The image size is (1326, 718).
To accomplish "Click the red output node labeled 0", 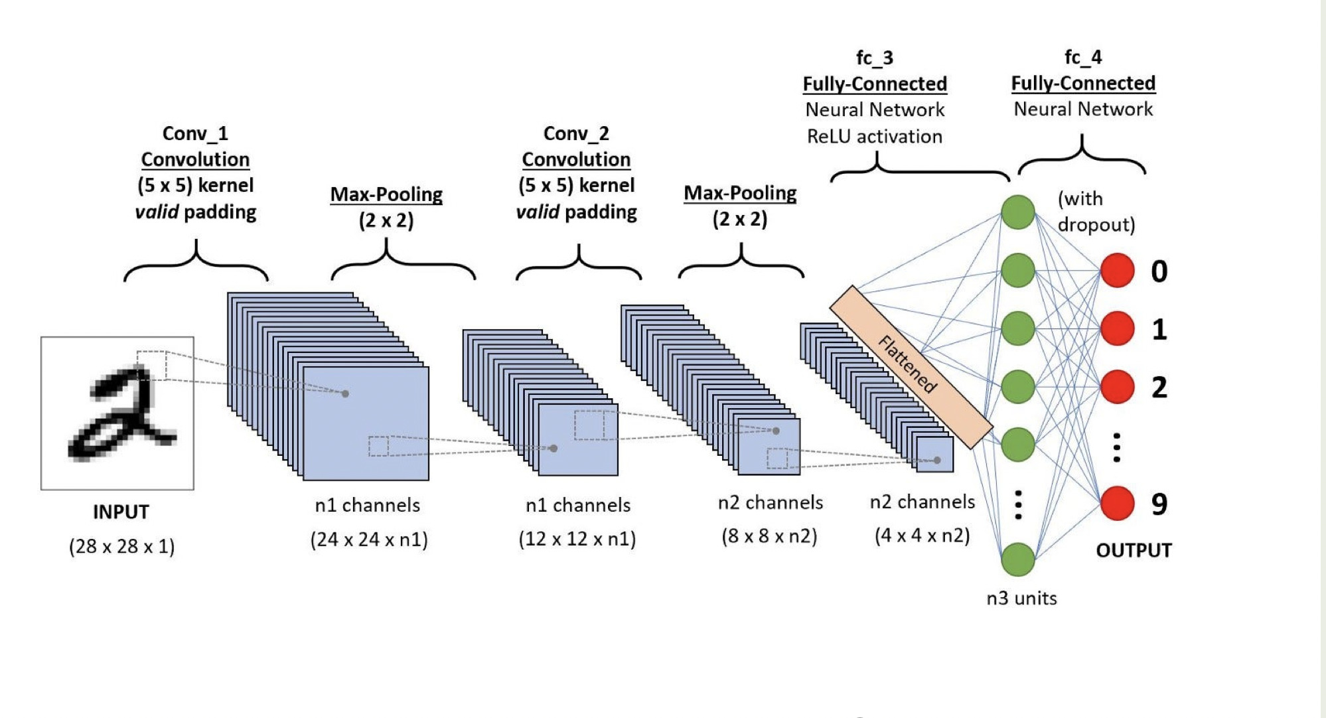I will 1118,271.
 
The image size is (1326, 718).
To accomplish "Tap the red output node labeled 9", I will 1118,503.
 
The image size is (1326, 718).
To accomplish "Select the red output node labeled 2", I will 1118,387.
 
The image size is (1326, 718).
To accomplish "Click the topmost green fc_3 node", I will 1018,212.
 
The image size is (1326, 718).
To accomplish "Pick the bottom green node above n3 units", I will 1018,559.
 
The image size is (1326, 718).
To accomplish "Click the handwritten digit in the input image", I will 123,415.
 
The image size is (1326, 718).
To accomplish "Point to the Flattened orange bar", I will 911,366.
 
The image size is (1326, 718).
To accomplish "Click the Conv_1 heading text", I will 195,133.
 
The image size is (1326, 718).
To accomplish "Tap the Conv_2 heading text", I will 576,133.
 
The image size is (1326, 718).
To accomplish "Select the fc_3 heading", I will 875,58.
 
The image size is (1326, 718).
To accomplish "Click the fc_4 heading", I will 1083,57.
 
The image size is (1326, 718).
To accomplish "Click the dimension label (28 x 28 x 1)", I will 121,547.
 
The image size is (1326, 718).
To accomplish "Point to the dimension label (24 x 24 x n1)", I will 369,539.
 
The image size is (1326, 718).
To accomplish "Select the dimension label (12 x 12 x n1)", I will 577,539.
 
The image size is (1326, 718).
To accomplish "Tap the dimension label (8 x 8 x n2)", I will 769,536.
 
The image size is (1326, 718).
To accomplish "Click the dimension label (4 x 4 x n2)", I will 922,536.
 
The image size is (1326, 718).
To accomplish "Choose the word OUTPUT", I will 1134,551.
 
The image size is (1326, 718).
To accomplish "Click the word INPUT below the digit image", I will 121,512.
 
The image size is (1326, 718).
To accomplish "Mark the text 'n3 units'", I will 1021,599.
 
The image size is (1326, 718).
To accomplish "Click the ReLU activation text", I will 875,137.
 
